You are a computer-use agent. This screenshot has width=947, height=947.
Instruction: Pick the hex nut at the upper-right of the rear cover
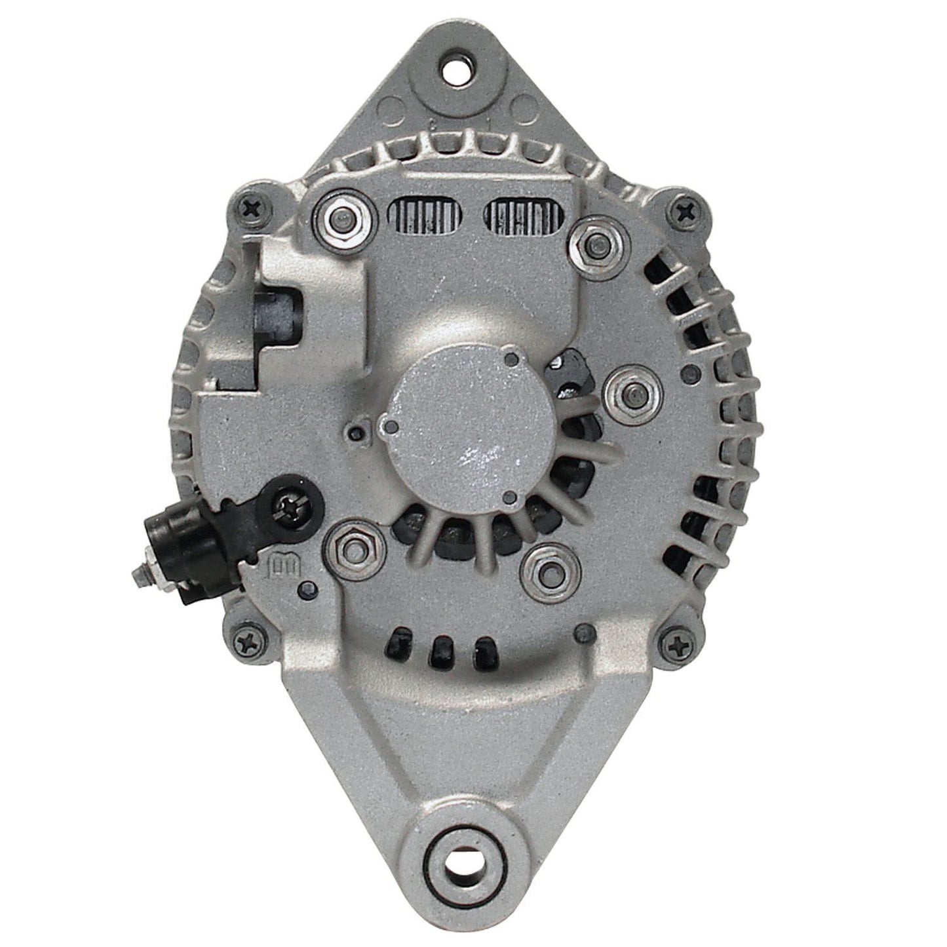tap(594, 244)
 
